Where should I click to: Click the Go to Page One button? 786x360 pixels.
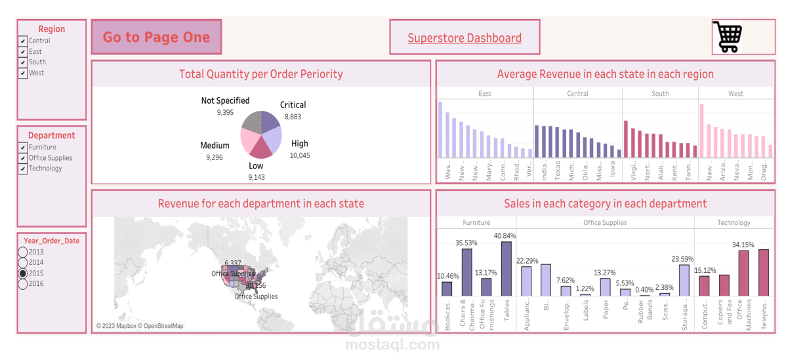tap(156, 37)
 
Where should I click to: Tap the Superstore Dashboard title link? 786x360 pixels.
tap(465, 38)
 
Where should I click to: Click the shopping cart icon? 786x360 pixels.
tap(728, 37)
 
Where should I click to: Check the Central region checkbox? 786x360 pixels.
tap(23, 41)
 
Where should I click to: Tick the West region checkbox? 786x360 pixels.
tap(23, 73)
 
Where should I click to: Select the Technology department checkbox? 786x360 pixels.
tap(23, 169)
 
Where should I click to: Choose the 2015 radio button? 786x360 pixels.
tap(23, 273)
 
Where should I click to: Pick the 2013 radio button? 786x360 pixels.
tap(23, 252)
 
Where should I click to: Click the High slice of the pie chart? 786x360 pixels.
tap(272, 138)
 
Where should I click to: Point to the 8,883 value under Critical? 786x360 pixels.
tap(293, 117)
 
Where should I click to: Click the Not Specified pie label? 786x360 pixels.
tap(225, 101)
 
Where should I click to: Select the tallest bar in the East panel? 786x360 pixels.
tap(440, 129)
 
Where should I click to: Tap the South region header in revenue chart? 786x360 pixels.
tap(660, 94)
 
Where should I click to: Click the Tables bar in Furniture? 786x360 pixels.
tap(507, 269)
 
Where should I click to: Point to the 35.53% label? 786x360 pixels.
tap(466, 243)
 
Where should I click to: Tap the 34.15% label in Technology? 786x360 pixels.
tap(743, 245)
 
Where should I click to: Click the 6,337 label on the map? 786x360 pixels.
tap(233, 264)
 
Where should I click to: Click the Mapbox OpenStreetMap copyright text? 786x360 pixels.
tap(140, 326)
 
